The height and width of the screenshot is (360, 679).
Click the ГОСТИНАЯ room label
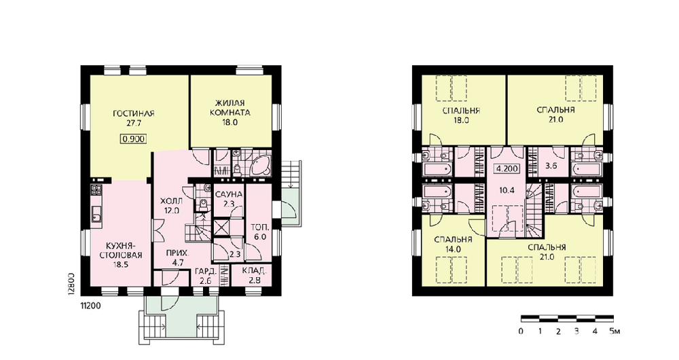pos(133,113)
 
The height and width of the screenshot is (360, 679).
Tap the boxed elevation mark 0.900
pos(133,139)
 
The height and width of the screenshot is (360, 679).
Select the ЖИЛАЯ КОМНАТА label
pos(230,108)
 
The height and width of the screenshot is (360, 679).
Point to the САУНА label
pos(229,194)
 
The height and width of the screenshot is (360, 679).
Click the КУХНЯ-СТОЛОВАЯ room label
pos(120,251)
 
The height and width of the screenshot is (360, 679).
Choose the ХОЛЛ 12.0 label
pos(171,206)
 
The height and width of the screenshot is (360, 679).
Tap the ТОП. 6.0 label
pos(260,232)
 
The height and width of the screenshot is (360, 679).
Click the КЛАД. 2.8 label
pos(254,276)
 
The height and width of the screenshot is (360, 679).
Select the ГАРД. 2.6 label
pos(206,276)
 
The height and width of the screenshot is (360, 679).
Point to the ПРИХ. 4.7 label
pos(178,257)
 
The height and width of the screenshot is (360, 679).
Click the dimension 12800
pos(72,284)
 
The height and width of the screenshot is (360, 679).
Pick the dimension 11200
pos(90,306)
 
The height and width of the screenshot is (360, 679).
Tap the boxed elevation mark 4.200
pos(507,168)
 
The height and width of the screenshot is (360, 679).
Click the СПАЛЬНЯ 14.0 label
pos(452,245)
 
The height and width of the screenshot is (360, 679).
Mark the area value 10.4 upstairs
pos(507,190)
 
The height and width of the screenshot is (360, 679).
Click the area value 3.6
pos(551,166)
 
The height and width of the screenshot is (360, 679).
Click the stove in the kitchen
pos(96,190)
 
